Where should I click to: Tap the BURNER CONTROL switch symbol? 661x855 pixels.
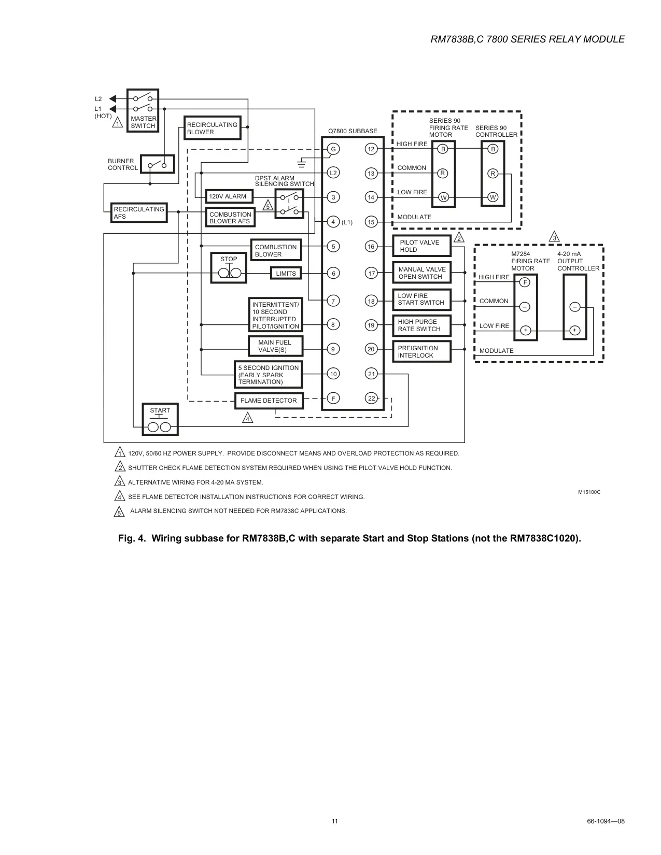[158, 164]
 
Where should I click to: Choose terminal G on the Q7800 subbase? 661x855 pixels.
[333, 149]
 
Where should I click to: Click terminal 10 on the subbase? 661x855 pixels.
[333, 374]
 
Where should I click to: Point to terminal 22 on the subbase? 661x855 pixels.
[371, 398]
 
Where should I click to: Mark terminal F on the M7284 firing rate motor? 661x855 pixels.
[525, 282]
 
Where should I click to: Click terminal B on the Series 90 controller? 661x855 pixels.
[493, 149]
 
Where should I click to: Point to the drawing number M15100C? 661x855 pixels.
[589, 492]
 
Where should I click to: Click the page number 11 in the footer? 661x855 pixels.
[334, 821]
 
